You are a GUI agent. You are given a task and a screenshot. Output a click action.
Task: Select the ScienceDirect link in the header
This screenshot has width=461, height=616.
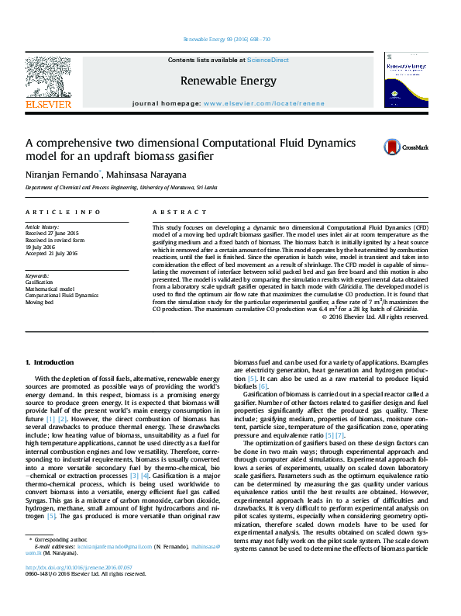pos(268,60)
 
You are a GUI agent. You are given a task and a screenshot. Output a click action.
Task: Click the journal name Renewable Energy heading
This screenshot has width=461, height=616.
pos(228,80)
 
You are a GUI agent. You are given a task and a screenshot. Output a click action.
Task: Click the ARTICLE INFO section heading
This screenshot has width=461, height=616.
pos(63,212)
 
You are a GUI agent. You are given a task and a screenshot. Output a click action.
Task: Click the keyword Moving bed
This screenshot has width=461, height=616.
pos(40,302)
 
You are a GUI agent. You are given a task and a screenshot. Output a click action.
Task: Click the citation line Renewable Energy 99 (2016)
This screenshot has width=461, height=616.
pos(226,39)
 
